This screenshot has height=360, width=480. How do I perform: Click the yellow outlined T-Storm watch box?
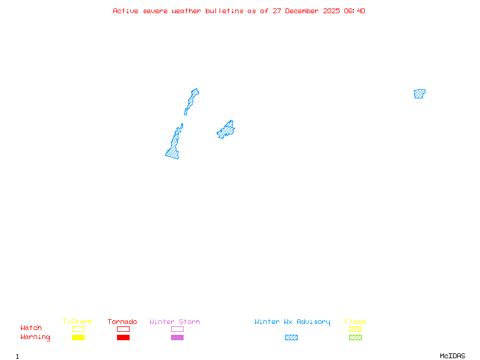click(78, 329)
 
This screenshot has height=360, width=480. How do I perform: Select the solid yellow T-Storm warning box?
click(78, 338)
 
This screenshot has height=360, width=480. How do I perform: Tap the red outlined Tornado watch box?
click(123, 329)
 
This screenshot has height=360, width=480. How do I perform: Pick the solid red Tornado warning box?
click(123, 338)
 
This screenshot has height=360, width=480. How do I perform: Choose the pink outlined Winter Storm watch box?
click(177, 329)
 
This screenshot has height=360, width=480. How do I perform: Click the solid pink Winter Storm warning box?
click(177, 338)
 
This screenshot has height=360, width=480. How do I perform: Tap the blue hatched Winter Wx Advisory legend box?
click(291, 338)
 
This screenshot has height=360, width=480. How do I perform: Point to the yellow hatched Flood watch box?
click(355, 329)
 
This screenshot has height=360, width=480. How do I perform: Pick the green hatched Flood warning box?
click(355, 338)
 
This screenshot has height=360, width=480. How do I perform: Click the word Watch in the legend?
click(31, 328)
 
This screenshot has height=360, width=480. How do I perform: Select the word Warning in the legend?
click(35, 337)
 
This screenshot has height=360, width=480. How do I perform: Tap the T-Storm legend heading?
click(77, 322)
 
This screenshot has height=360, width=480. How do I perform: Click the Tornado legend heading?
click(122, 322)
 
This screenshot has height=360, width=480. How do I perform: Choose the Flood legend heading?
click(355, 322)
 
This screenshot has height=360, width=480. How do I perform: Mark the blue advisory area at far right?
click(419, 94)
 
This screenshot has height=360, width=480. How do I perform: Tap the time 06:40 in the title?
click(355, 11)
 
